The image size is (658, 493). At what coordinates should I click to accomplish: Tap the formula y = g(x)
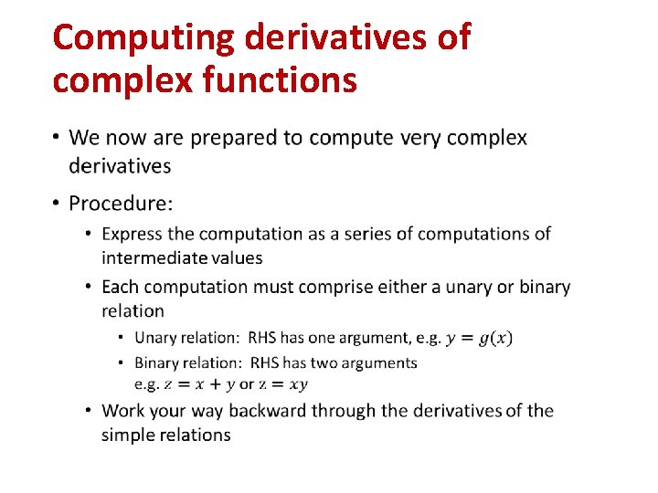(x=479, y=339)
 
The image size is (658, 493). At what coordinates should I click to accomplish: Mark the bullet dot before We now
(x=56, y=138)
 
